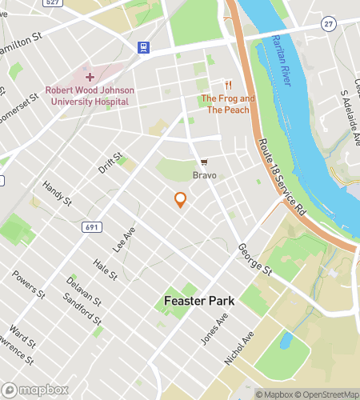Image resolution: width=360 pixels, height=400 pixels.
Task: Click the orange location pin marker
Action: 180,200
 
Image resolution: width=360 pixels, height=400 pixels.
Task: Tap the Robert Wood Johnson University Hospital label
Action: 90,96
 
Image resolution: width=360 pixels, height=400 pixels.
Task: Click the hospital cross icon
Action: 90,77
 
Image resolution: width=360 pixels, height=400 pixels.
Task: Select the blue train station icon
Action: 143,47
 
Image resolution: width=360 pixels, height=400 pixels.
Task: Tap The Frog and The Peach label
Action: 228,104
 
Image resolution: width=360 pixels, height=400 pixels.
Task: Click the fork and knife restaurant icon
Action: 228,85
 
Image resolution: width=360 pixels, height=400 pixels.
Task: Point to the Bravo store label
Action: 204,174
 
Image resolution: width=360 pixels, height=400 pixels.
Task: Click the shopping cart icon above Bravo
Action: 204,162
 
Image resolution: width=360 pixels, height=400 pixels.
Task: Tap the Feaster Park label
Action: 194,302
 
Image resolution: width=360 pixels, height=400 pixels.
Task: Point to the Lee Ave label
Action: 124,239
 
